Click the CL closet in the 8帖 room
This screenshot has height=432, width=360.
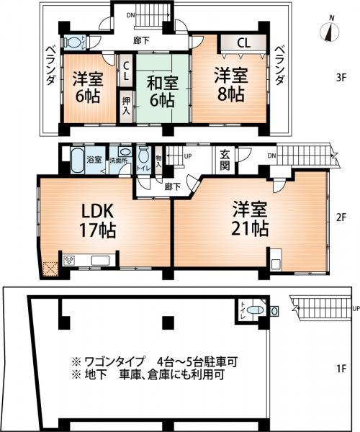(x=243, y=43)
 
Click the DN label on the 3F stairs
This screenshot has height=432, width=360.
(x=130, y=14)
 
